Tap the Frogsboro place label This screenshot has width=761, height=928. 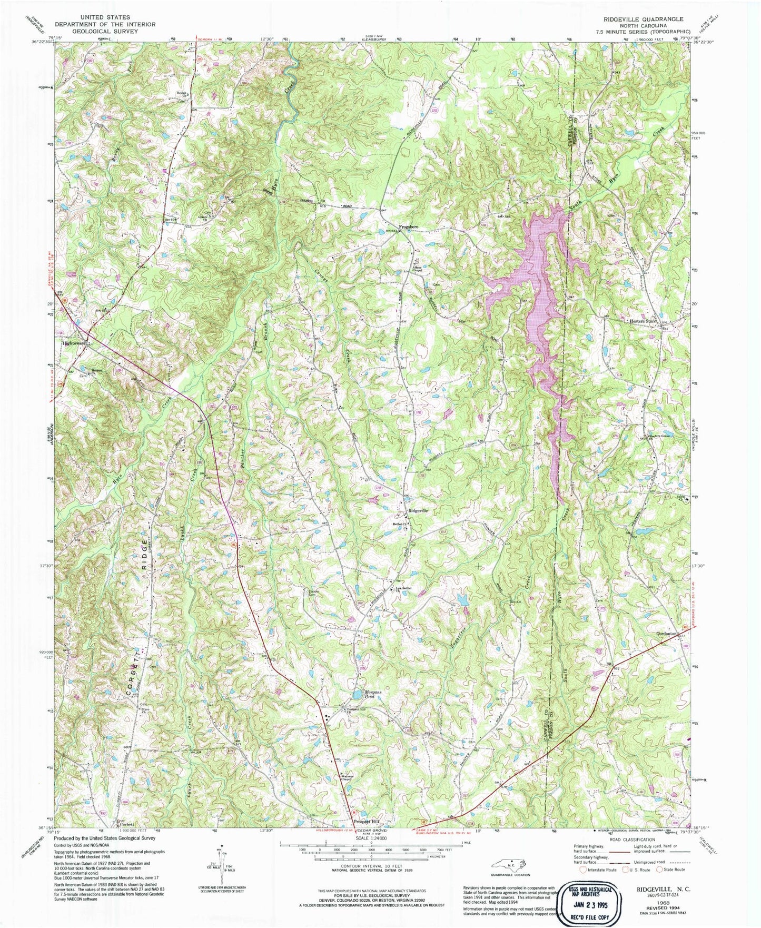tap(409, 226)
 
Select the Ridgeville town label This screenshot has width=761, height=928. tap(419, 511)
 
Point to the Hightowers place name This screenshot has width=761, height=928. tap(74, 343)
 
